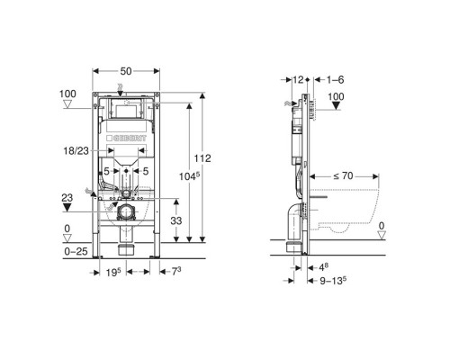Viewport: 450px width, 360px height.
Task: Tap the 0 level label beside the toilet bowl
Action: [383, 226]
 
